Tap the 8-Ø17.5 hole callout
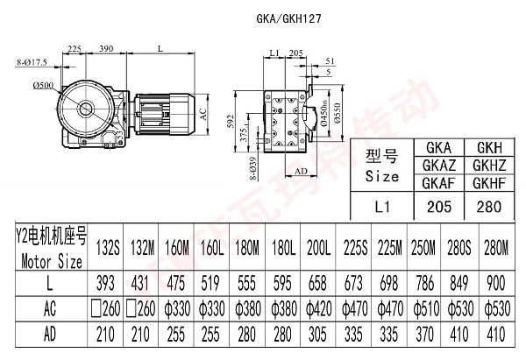coord(32,61)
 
